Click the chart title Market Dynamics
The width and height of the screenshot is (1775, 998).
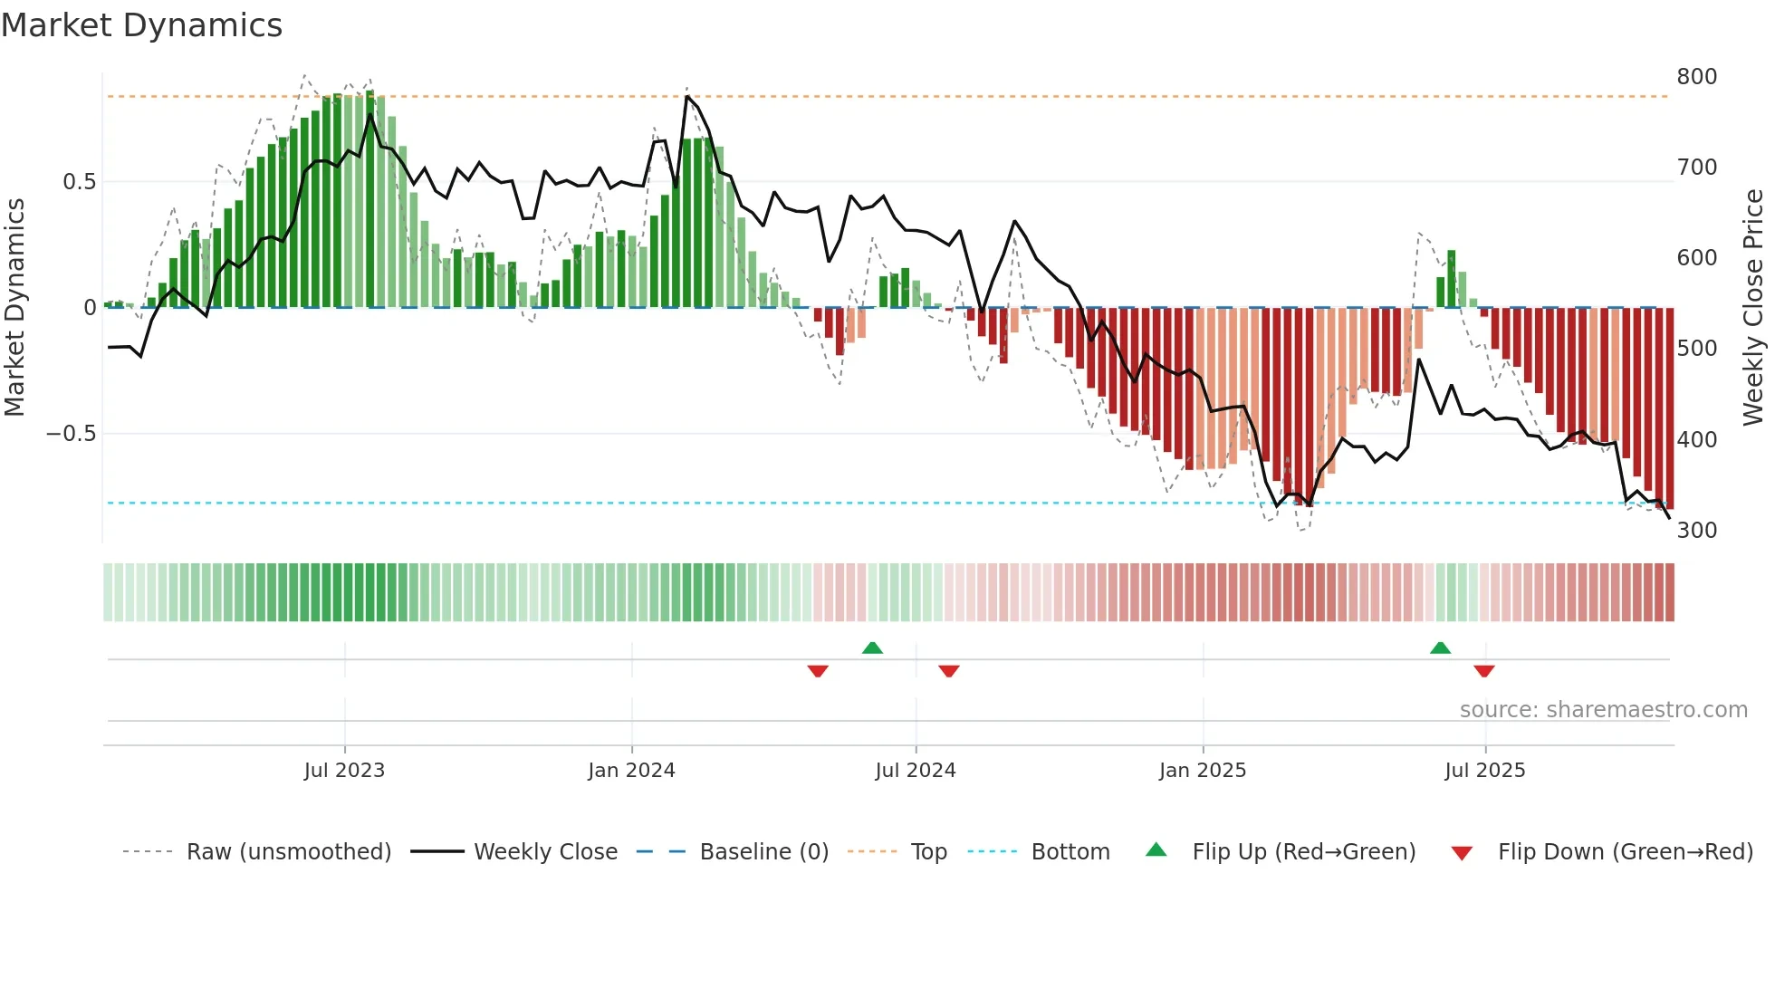coord(142,25)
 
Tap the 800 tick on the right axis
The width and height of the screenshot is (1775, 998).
coord(1696,77)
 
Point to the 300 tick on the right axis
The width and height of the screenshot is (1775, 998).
coord(1696,531)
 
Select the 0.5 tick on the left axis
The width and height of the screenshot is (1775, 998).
coord(79,182)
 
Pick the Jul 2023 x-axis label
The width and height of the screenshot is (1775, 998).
coord(344,771)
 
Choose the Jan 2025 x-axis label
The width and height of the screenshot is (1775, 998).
coord(1202,771)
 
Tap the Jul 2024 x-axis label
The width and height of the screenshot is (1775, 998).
coord(915,771)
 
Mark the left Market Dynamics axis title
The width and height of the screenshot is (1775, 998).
coord(14,308)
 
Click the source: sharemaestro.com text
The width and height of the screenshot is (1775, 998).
coord(1603,710)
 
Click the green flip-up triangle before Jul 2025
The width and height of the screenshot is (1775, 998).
coord(1440,648)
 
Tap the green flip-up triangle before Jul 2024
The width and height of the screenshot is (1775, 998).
coord(872,648)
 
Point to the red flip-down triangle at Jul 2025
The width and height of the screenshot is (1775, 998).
coord(1483,671)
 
